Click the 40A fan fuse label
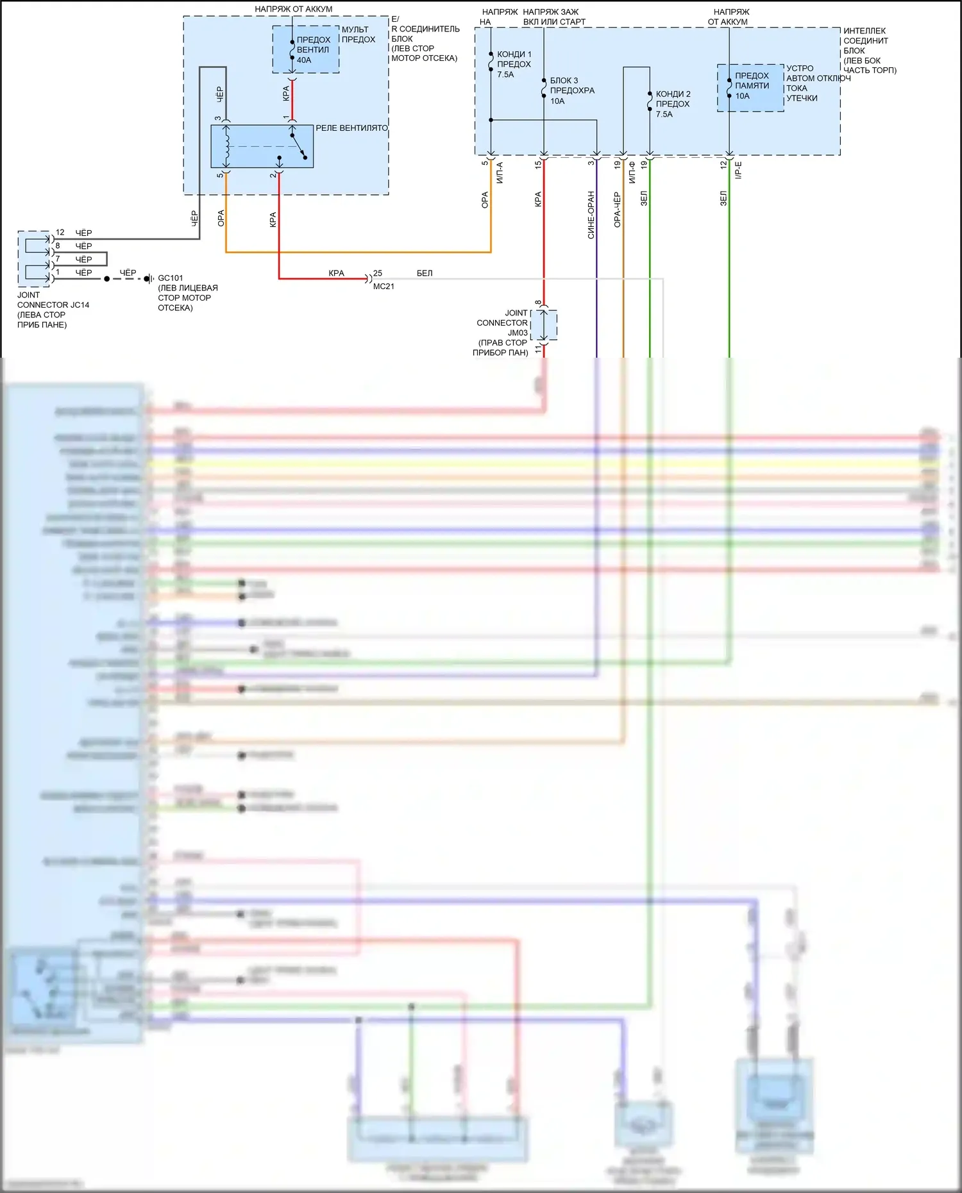click(304, 60)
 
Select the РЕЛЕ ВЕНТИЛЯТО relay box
click(262, 146)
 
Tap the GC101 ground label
click(171, 278)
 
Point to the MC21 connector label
click(384, 287)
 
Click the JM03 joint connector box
click(544, 325)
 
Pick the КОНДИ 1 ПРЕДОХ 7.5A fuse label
click(514, 64)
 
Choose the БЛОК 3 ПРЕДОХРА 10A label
click(571, 90)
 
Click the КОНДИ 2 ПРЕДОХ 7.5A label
click(673, 104)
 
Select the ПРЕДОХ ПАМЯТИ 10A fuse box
click(750, 87)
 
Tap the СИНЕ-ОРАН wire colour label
click(591, 215)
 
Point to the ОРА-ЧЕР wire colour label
click(617, 210)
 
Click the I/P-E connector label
click(738, 171)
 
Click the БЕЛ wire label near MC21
click(425, 273)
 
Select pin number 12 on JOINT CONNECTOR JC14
click(60, 233)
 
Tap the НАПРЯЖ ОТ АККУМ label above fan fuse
click(294, 9)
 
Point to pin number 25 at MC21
click(378, 273)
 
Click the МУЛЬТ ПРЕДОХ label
click(358, 35)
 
